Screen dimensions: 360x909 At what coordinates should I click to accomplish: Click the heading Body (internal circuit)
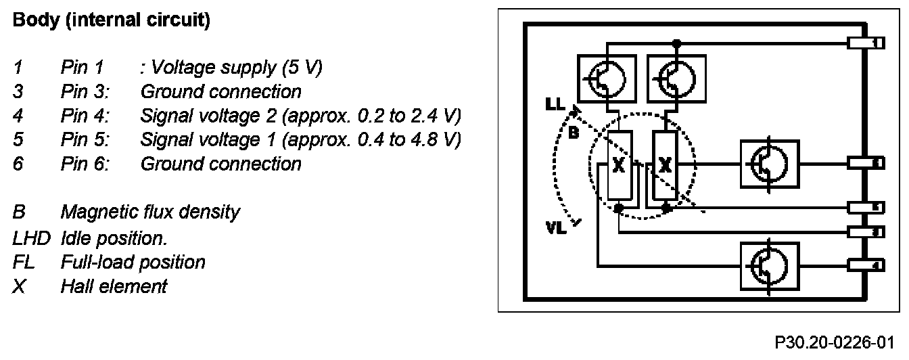(112, 21)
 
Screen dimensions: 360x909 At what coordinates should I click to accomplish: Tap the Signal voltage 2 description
(300, 116)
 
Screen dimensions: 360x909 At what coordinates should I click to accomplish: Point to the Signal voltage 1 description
(300, 140)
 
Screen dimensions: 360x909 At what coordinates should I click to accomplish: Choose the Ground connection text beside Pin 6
(220, 164)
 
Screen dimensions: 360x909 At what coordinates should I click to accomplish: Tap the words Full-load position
(133, 262)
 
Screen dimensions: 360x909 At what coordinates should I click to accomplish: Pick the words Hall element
(114, 286)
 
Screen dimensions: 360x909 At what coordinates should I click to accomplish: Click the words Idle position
(114, 238)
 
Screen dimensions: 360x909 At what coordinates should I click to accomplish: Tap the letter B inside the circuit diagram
(572, 133)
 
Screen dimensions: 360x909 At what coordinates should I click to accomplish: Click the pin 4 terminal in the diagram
(865, 265)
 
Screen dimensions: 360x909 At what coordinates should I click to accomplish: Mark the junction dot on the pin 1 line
(676, 43)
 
